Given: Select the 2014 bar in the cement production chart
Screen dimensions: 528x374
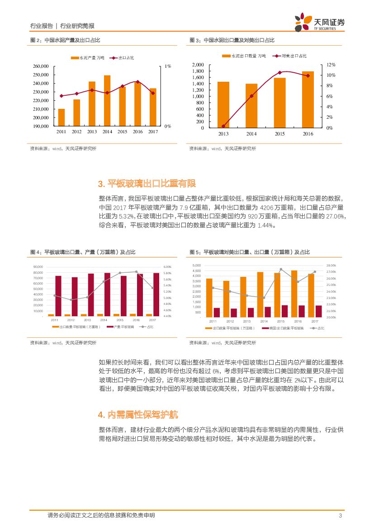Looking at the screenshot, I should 107,101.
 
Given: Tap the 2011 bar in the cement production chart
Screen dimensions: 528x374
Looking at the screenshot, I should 62,117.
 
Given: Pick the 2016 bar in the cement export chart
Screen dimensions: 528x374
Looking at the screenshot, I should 308,99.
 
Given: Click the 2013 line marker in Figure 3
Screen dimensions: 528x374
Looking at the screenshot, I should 223,126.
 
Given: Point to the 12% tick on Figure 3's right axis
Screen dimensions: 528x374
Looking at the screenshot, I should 331,65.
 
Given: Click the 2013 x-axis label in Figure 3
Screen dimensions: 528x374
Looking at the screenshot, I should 223,134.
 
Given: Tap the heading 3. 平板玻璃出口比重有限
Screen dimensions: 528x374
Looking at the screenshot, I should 147,183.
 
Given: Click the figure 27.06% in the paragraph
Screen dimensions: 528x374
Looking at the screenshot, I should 335,217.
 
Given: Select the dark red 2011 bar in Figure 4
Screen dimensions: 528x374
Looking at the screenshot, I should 58,296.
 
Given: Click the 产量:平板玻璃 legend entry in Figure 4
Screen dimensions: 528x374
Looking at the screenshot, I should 121,327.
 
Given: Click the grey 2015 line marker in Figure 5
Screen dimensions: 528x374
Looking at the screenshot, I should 281,269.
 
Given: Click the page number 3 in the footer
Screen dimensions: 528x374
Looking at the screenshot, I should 340,516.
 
